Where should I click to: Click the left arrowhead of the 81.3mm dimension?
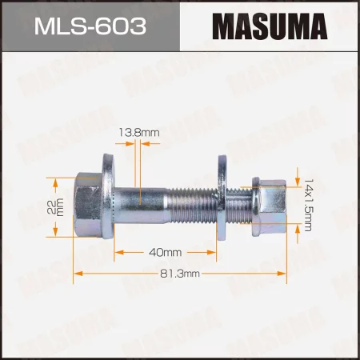78,274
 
